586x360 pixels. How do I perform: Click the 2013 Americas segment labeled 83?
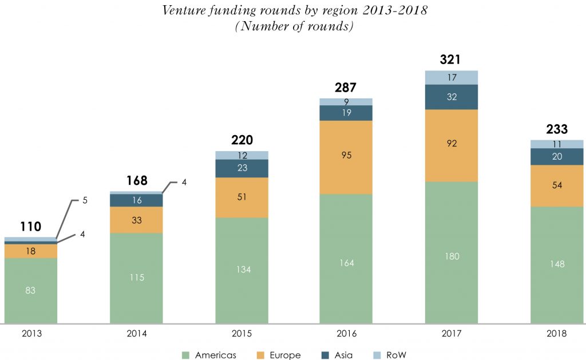[x=30, y=290]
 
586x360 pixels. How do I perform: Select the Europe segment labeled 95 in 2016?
[x=346, y=156]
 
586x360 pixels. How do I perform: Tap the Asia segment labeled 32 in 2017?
[x=451, y=97]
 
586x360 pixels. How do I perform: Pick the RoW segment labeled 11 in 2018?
[x=557, y=144]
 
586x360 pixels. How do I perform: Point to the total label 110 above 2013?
[x=30, y=227]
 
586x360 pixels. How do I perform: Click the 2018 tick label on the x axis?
[x=557, y=333]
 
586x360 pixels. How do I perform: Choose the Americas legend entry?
[x=208, y=355]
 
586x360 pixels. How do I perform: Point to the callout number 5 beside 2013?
[x=85, y=201]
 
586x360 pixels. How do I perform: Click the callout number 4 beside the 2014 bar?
[x=184, y=182]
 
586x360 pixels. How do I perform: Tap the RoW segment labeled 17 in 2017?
[x=451, y=77]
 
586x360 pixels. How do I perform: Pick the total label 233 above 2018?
[x=557, y=129]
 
